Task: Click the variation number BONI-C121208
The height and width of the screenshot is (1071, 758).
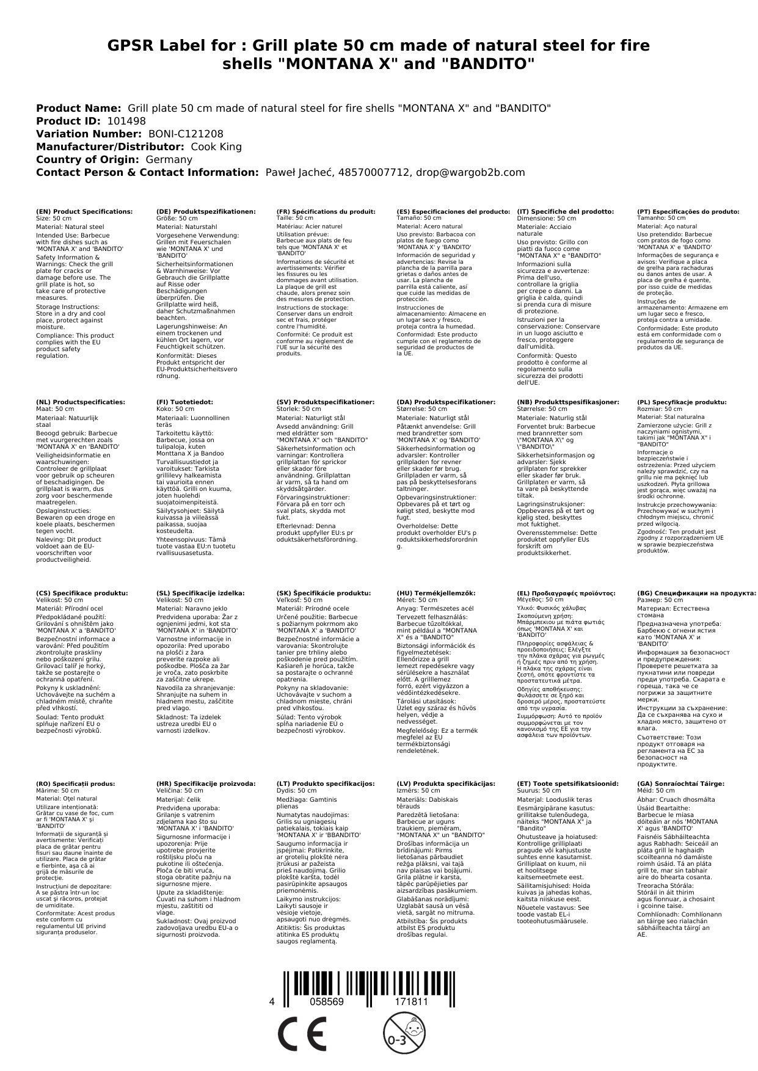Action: pos(186,134)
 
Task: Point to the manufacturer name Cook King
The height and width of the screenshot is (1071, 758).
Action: pos(216,147)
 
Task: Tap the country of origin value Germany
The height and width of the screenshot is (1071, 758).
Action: pos(169,159)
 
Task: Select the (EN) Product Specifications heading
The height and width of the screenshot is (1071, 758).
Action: pos(84,211)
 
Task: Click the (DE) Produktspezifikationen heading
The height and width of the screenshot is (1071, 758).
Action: pos(206,211)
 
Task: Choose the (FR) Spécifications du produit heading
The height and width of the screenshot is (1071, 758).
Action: pos(326,211)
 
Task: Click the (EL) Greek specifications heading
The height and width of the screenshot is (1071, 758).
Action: pos(566,593)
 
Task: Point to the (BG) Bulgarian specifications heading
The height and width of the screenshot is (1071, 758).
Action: pos(696,593)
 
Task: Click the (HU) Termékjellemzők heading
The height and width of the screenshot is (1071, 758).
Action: pos(435,593)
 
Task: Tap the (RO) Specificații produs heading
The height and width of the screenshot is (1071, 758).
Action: pos(75,783)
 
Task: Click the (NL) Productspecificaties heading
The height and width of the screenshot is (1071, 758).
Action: pos(80,402)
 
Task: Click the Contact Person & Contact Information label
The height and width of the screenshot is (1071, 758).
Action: pos(147,172)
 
